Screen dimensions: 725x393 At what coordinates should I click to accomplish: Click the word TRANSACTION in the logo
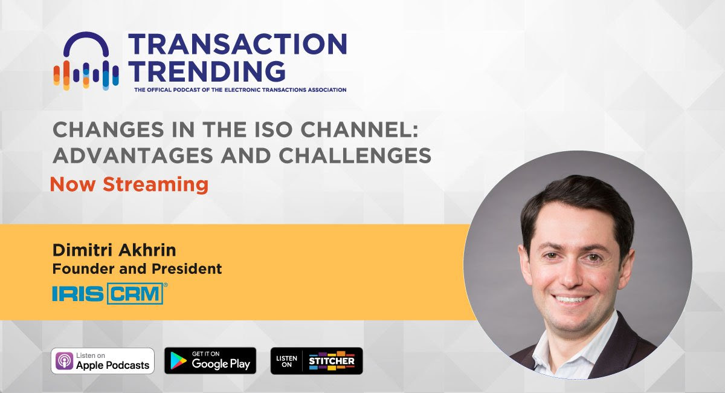point(238,44)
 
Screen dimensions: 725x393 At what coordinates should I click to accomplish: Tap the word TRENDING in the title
point(207,71)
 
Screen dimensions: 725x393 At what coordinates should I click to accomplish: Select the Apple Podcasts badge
point(103,361)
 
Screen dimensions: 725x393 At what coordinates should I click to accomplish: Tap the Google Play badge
point(210,360)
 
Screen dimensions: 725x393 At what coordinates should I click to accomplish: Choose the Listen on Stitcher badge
point(317,361)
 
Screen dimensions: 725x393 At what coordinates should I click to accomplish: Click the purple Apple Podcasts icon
point(64,361)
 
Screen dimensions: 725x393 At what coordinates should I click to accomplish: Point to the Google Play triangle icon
point(178,360)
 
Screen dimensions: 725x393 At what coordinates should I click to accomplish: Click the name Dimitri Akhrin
point(114,250)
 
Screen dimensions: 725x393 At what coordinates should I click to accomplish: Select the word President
point(187,268)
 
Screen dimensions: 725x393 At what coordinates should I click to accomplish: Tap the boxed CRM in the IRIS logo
point(135,293)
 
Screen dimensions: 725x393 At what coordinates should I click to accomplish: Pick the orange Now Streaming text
point(129,184)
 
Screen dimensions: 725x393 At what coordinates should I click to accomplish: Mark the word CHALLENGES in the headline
point(355,155)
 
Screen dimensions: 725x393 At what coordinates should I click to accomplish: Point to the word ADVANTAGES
point(133,155)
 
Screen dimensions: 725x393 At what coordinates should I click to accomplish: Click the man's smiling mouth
point(570,299)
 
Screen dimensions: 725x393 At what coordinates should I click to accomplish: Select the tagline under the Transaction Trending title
point(240,89)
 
